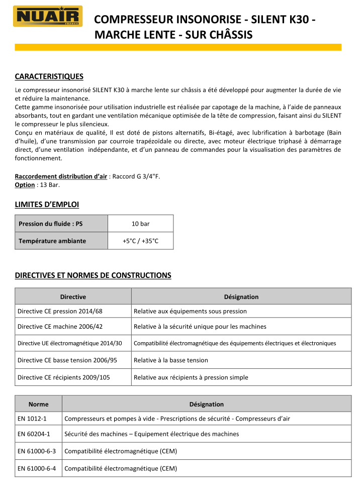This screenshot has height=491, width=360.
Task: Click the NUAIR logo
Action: click(x=48, y=16)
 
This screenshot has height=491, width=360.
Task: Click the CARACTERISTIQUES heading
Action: click(x=49, y=76)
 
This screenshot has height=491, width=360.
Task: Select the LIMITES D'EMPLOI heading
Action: click(x=47, y=205)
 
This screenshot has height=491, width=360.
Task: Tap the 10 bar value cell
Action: click(x=140, y=224)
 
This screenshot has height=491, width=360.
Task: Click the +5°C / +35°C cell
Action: click(x=140, y=241)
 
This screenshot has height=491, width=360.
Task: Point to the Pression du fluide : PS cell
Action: click(x=61, y=224)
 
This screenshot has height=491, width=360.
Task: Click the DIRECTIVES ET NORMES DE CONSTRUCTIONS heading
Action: click(x=93, y=275)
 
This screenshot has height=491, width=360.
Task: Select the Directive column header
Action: click(x=73, y=297)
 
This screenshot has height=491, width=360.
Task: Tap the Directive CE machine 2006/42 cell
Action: click(x=73, y=326)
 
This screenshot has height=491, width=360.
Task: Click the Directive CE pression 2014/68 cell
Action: click(x=73, y=311)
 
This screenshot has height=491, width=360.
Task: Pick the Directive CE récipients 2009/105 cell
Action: click(x=73, y=377)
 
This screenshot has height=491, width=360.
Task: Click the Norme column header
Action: click(x=39, y=404)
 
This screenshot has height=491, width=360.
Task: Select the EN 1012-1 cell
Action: click(x=39, y=418)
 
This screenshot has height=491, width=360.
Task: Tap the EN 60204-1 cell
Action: click(x=39, y=434)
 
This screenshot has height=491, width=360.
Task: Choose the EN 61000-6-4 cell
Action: click(x=39, y=468)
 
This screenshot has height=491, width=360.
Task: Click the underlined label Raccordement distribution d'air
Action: click(x=61, y=176)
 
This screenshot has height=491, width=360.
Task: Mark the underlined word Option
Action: click(x=25, y=185)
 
